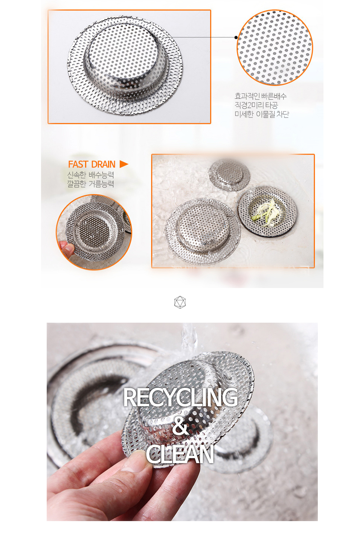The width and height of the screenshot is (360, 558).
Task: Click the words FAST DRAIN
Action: (x=92, y=165)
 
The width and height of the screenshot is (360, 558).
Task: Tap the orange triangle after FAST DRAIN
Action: (x=124, y=164)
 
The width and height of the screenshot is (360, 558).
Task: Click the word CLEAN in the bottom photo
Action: (x=180, y=454)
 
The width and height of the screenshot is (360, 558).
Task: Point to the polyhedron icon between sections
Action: (x=180, y=302)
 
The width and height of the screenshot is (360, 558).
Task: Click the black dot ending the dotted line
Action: (x=236, y=38)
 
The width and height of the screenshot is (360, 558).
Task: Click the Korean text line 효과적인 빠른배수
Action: (x=260, y=96)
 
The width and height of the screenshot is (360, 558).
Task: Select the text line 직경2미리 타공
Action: (x=256, y=105)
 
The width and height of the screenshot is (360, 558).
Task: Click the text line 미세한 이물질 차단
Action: (x=262, y=114)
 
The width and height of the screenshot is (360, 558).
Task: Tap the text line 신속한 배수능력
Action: (x=90, y=175)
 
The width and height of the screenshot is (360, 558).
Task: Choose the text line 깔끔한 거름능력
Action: (x=90, y=184)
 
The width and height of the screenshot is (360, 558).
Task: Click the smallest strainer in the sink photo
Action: (x=229, y=174)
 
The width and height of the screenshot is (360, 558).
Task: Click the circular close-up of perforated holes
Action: (x=275, y=47)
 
